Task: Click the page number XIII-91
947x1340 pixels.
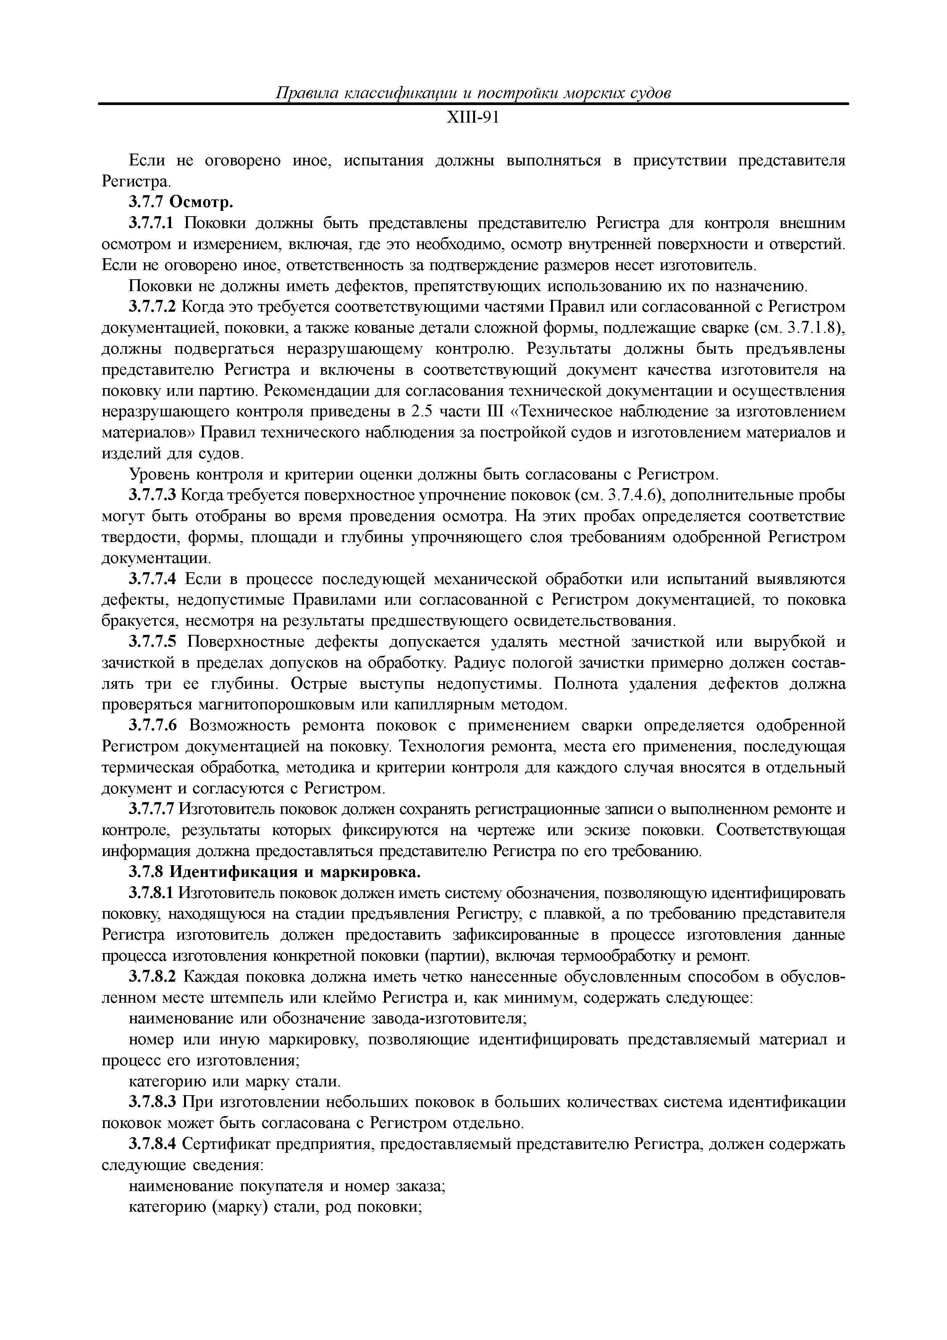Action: click(x=473, y=118)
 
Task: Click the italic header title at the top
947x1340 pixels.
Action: click(x=473, y=93)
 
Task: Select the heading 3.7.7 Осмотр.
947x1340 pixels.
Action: click(x=181, y=202)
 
